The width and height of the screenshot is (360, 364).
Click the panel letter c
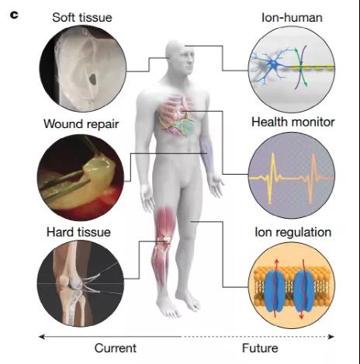click(14, 15)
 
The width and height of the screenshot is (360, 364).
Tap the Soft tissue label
click(82, 18)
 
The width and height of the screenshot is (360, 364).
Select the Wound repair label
click(81, 124)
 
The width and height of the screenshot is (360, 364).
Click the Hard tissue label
click(78, 232)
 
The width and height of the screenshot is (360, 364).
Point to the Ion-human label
click(292, 18)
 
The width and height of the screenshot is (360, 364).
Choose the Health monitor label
click(293, 122)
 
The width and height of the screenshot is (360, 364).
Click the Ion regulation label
click(293, 232)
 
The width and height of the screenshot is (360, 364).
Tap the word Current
click(116, 348)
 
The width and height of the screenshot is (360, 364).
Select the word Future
click(260, 348)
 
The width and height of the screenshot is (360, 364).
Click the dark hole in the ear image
click(92, 78)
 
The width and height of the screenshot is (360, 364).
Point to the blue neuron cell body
click(274, 64)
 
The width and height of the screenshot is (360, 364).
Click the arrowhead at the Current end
click(41, 337)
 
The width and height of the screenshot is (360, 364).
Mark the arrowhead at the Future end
click(331, 337)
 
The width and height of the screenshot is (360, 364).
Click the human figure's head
click(180, 57)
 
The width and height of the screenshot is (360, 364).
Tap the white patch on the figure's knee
click(167, 239)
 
